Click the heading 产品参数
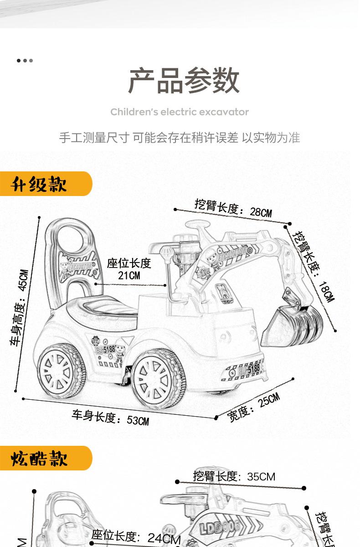click(x=184, y=81)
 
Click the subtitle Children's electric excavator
click(x=180, y=112)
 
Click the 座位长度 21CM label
click(x=129, y=269)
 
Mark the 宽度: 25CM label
click(x=253, y=407)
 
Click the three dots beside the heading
click(x=25, y=60)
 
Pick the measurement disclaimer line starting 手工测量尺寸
click(x=180, y=138)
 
